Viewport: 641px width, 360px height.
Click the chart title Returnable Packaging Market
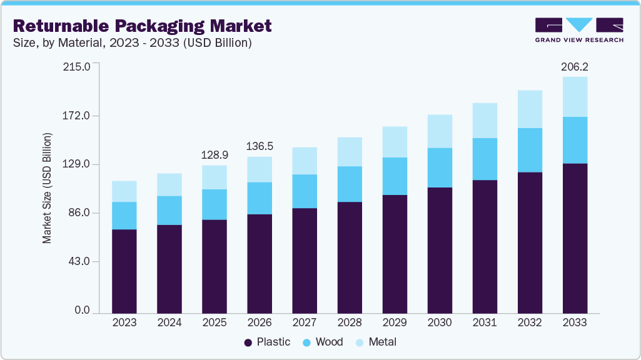pyautogui.click(x=143, y=26)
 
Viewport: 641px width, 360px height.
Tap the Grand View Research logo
pyautogui.click(x=579, y=30)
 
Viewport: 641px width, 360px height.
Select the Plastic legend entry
pyautogui.click(x=267, y=342)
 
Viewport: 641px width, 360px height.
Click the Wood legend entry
pyautogui.click(x=323, y=342)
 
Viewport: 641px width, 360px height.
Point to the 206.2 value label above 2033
pyautogui.click(x=575, y=66)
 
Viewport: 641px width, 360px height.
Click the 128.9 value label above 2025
pyautogui.click(x=215, y=154)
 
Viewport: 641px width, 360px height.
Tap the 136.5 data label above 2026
pyautogui.click(x=260, y=146)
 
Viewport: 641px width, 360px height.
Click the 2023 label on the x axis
pyautogui.click(x=124, y=322)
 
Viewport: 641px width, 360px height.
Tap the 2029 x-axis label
pyautogui.click(x=395, y=322)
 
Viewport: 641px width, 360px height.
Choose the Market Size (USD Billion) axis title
pyautogui.click(x=47, y=188)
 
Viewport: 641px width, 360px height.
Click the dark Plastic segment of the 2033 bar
pyautogui.click(x=575, y=237)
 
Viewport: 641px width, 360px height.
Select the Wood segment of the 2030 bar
pyautogui.click(x=440, y=167)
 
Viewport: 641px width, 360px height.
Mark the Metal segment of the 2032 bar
pyautogui.click(x=530, y=109)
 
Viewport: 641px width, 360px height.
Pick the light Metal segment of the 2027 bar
pyautogui.click(x=305, y=161)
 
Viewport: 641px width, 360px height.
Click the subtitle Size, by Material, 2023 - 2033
pyautogui.click(x=133, y=43)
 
